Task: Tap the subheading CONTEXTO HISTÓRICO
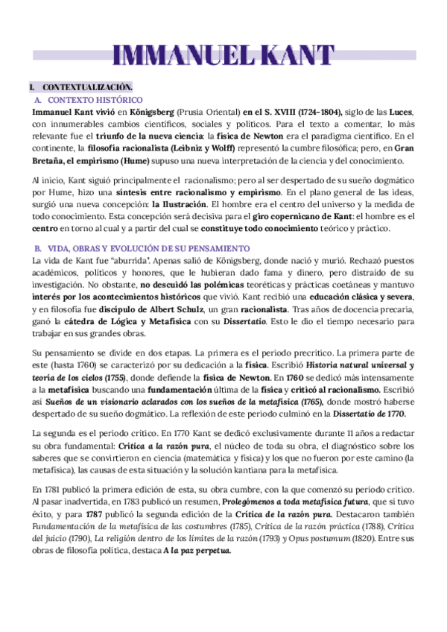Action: click(x=95, y=99)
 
